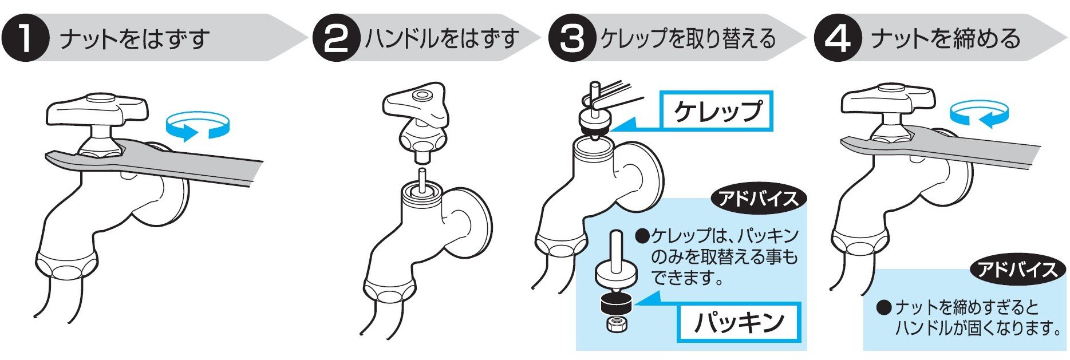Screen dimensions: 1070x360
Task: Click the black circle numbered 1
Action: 25,39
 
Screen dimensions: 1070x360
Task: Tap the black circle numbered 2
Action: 336,39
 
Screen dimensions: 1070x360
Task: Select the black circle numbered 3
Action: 571,39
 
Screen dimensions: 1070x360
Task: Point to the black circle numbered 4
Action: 837,39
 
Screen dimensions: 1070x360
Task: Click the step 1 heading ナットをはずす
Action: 135,39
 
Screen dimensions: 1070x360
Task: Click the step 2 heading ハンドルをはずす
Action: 442,39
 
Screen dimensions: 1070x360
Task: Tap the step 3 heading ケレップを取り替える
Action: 688,39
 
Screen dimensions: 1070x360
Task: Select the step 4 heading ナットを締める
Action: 945,39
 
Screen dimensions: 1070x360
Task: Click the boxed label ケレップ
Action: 717,111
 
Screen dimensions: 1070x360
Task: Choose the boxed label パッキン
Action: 739,322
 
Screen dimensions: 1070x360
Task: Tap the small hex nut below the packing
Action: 616,325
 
